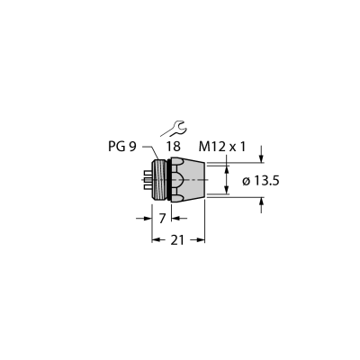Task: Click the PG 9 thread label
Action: click(122, 147)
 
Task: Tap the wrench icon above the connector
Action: click(174, 129)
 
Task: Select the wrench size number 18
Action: click(174, 147)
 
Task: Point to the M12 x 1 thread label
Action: click(222, 147)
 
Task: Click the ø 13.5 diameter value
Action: click(261, 181)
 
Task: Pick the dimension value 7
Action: click(162, 219)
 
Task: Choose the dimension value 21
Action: click(177, 240)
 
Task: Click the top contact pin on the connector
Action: click(148, 173)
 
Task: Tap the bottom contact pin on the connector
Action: click(148, 187)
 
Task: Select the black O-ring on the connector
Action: click(170, 179)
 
